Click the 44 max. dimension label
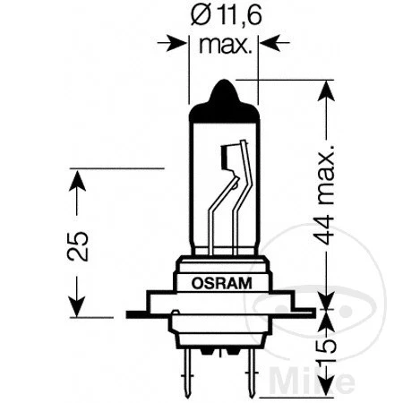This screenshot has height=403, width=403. click(330, 193)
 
